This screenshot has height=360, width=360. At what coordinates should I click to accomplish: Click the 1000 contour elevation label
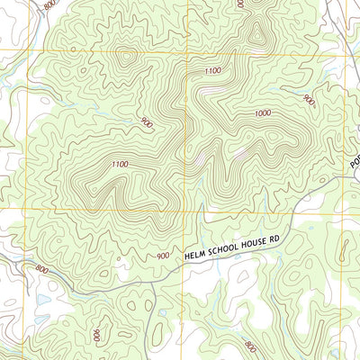coord(263,113)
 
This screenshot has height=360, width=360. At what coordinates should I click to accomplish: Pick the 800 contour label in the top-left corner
coord(49,5)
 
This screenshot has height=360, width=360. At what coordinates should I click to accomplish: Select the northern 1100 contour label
coord(212,70)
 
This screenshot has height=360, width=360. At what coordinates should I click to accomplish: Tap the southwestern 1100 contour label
coord(120,164)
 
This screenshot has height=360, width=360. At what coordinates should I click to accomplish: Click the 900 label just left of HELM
coord(163,256)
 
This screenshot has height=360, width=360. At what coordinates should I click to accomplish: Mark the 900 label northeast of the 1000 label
coord(309,100)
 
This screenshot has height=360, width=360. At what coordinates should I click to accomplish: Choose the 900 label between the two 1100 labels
coord(146,121)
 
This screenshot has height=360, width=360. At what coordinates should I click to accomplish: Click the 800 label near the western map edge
coord(41,268)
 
